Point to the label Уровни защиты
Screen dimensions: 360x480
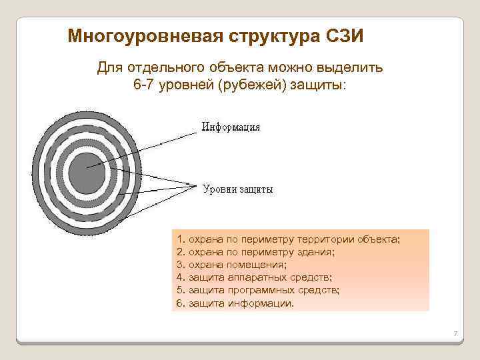[x=237, y=189]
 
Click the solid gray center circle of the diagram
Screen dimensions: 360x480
[x=87, y=172]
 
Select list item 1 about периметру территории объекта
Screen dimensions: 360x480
[x=289, y=238]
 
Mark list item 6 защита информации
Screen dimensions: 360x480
[x=235, y=303]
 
